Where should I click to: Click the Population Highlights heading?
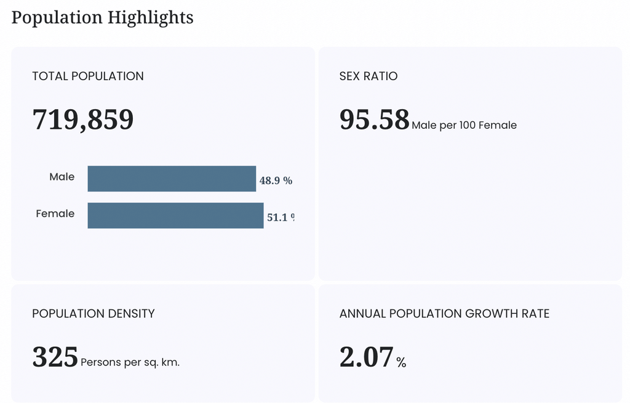(x=103, y=18)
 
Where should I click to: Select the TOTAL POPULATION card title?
(x=88, y=76)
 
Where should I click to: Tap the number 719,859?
(x=83, y=120)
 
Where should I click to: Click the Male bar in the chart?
(x=172, y=179)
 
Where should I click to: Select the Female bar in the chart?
(x=175, y=216)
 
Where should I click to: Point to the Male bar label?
(x=62, y=177)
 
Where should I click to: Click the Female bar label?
(x=55, y=213)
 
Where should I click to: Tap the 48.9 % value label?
(x=276, y=181)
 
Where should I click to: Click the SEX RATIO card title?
(x=369, y=76)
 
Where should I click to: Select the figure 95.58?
(x=375, y=120)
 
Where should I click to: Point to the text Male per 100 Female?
(x=464, y=125)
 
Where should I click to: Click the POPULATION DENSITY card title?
(x=94, y=314)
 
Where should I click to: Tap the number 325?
(x=55, y=357)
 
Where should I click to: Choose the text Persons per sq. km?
(x=130, y=362)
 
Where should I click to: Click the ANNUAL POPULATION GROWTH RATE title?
(x=444, y=314)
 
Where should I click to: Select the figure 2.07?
(x=367, y=357)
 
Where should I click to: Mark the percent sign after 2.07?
(x=401, y=363)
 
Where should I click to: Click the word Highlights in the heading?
(x=151, y=18)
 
